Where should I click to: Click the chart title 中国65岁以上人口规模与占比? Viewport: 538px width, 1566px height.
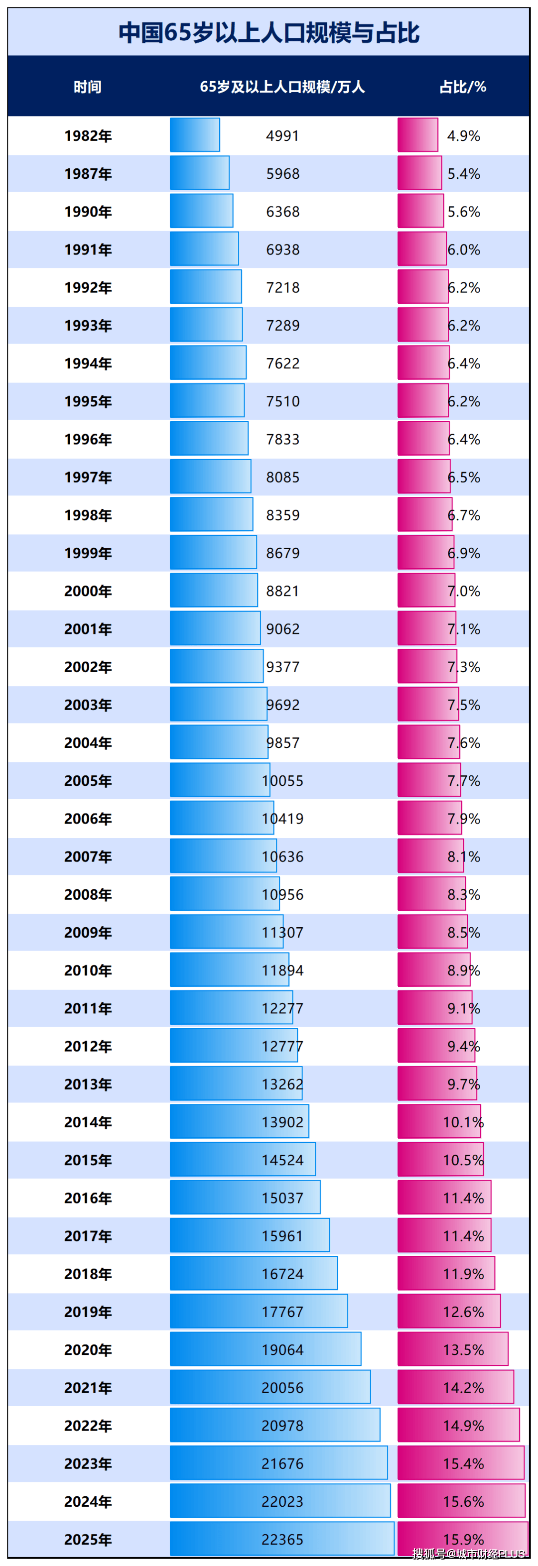pos(269,32)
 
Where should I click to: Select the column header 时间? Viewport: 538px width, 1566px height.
pos(88,87)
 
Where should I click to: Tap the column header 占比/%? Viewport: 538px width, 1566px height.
pos(463,87)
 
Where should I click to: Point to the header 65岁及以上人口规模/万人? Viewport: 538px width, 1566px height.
pos(282,87)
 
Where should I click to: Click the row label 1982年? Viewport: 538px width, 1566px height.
pos(88,135)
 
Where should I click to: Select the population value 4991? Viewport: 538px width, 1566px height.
pos(282,135)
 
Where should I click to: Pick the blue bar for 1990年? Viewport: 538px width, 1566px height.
pos(201,211)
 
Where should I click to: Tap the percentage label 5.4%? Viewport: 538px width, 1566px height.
pos(464,174)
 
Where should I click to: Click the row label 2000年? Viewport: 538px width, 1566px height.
pos(88,591)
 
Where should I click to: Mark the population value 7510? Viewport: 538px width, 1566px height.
pos(282,401)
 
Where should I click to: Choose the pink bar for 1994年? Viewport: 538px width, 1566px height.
pos(423,363)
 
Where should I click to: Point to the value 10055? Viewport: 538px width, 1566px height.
pos(282,781)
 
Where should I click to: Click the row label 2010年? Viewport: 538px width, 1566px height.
pos(88,970)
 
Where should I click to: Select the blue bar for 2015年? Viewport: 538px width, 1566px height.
pos(243,1159)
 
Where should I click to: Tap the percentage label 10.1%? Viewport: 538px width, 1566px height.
pos(463,1122)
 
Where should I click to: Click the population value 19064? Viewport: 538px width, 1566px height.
pos(282,1349)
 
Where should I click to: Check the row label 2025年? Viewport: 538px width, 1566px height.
pos(88,1539)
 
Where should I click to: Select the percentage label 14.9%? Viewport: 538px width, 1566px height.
pos(463,1426)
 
